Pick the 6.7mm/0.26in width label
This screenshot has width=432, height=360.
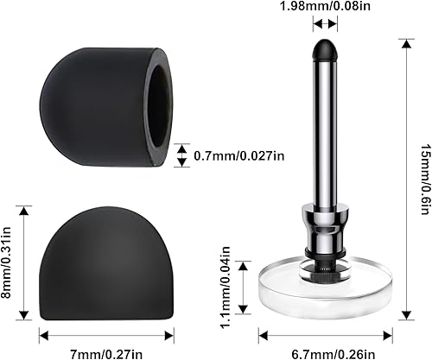click(x=326, y=351)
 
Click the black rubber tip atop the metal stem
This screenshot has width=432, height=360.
click(x=325, y=49)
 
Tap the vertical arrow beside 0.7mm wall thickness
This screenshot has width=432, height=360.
click(x=181, y=155)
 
